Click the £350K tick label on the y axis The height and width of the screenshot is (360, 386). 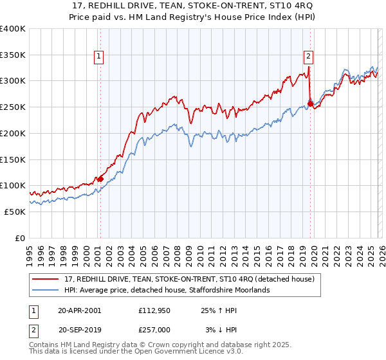tap(13, 55)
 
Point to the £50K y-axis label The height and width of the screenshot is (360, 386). tap(15, 212)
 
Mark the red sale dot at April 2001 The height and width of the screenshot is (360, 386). tap(100, 179)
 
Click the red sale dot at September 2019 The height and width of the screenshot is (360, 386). tap(310, 104)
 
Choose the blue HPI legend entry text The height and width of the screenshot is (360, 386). tap(167, 291)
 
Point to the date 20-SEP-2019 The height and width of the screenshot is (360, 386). tap(80, 329)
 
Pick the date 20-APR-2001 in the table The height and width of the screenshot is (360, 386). tap(80, 310)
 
